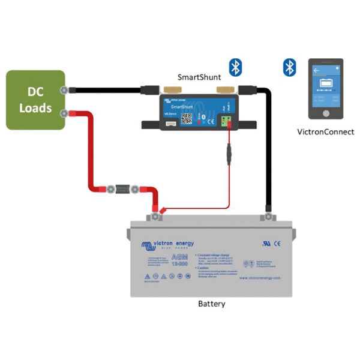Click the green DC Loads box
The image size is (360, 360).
[35, 100]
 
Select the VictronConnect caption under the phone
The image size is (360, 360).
[326, 132]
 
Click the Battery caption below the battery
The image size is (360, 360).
[211, 304]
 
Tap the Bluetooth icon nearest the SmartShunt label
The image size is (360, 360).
[235, 67]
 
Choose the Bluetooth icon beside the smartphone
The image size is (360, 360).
[290, 67]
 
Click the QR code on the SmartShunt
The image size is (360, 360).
[186, 118]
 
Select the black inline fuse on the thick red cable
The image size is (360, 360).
[122, 190]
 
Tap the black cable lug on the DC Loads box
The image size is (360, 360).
[64, 91]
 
